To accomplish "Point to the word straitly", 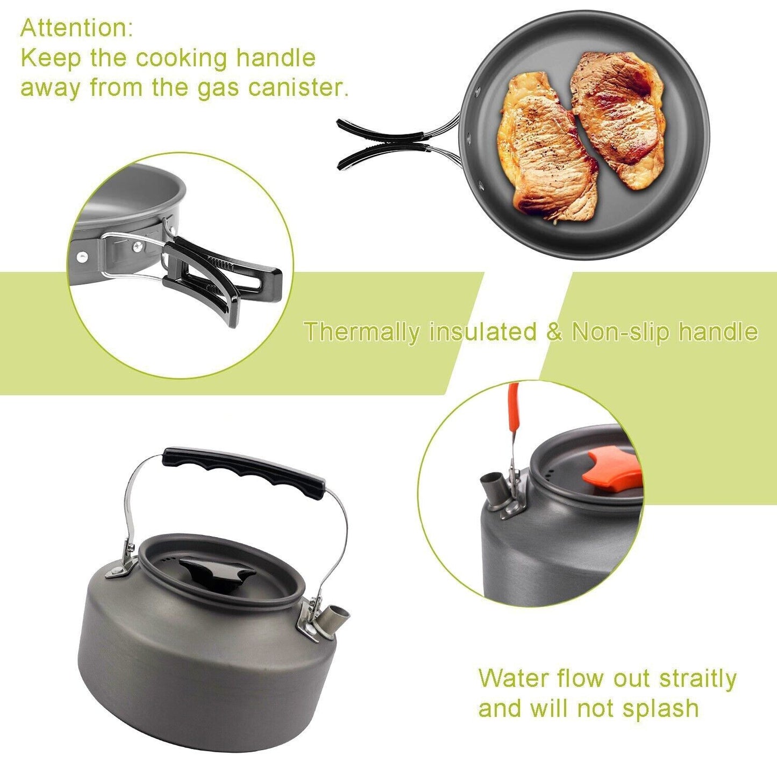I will tap(697, 679).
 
